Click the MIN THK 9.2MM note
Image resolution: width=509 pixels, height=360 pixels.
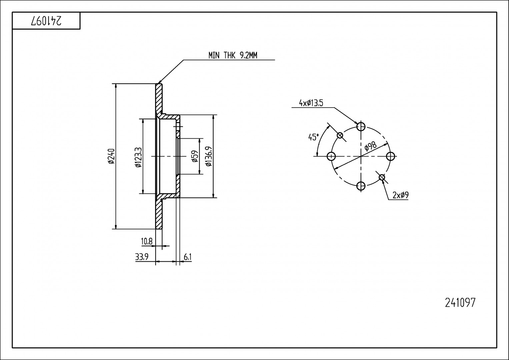pyautogui.click(x=233, y=55)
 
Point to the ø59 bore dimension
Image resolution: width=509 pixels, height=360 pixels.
pyautogui.click(x=195, y=156)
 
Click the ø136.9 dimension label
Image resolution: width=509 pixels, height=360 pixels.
pyautogui.click(x=209, y=156)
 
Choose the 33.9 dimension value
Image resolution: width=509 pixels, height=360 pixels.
pyautogui.click(x=142, y=257)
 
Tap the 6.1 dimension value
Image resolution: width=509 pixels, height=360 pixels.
pyautogui.click(x=187, y=257)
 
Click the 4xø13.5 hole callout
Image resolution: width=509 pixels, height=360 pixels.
pyautogui.click(x=311, y=103)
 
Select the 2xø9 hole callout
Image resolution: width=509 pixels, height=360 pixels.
pyautogui.click(x=400, y=195)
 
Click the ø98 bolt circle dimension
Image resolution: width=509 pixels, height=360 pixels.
pyautogui.click(x=370, y=147)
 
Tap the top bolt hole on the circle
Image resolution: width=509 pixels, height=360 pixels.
pyautogui.click(x=361, y=127)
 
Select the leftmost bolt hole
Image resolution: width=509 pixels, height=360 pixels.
pyautogui.click(x=331, y=156)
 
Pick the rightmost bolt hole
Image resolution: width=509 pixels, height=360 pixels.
pyautogui.click(x=390, y=156)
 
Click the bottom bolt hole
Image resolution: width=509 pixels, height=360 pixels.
pyautogui.click(x=361, y=186)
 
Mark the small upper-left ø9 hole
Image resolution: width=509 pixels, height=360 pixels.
pyautogui.click(x=340, y=135)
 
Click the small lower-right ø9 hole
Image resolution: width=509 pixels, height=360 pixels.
pyautogui.click(x=382, y=177)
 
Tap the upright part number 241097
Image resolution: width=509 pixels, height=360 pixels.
pyautogui.click(x=460, y=303)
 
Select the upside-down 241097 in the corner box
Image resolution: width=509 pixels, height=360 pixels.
pyautogui.click(x=46, y=21)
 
